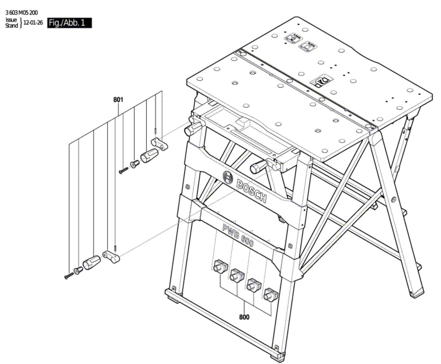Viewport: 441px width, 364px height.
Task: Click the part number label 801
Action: coord(118,100)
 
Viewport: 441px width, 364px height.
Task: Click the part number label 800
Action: coord(244,317)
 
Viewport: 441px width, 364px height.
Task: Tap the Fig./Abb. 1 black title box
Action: coord(69,23)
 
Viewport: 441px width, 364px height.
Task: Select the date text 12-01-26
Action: coord(33,23)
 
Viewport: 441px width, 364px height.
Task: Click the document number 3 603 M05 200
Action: coord(21,13)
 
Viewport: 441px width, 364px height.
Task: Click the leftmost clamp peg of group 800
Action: coord(220,266)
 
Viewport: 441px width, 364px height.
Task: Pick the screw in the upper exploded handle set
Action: coord(124,171)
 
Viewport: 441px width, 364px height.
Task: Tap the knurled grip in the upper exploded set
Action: coord(149,156)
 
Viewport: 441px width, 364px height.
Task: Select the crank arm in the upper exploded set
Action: coord(160,144)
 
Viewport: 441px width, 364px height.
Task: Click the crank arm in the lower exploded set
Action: coord(112,257)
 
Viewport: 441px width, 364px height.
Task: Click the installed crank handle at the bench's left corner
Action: coord(194,128)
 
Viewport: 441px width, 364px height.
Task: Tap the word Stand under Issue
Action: coord(12,26)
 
